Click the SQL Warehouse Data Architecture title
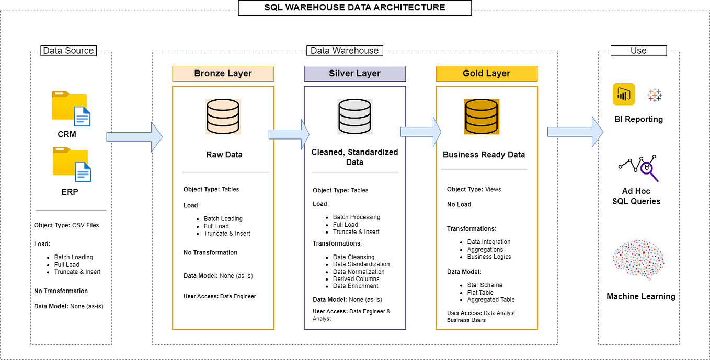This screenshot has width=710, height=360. click(x=354, y=7)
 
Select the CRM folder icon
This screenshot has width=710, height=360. click(x=71, y=108)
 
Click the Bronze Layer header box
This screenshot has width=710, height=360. click(x=223, y=73)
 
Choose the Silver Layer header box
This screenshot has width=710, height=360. click(x=354, y=73)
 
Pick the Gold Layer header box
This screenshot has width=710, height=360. click(x=486, y=73)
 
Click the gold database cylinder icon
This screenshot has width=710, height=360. click(x=482, y=117)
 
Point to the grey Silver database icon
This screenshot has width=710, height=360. click(x=354, y=117)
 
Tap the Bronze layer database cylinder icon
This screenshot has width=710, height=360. click(x=223, y=117)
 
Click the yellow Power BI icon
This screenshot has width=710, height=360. click(x=624, y=95)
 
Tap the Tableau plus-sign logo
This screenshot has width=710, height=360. click(x=655, y=95)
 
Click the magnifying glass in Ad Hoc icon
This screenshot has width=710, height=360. click(x=648, y=169)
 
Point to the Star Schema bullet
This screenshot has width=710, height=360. click(x=485, y=285)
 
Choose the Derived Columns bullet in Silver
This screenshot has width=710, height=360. click(x=356, y=279)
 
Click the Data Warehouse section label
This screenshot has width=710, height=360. click(x=345, y=51)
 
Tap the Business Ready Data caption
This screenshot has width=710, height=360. click(x=484, y=155)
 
